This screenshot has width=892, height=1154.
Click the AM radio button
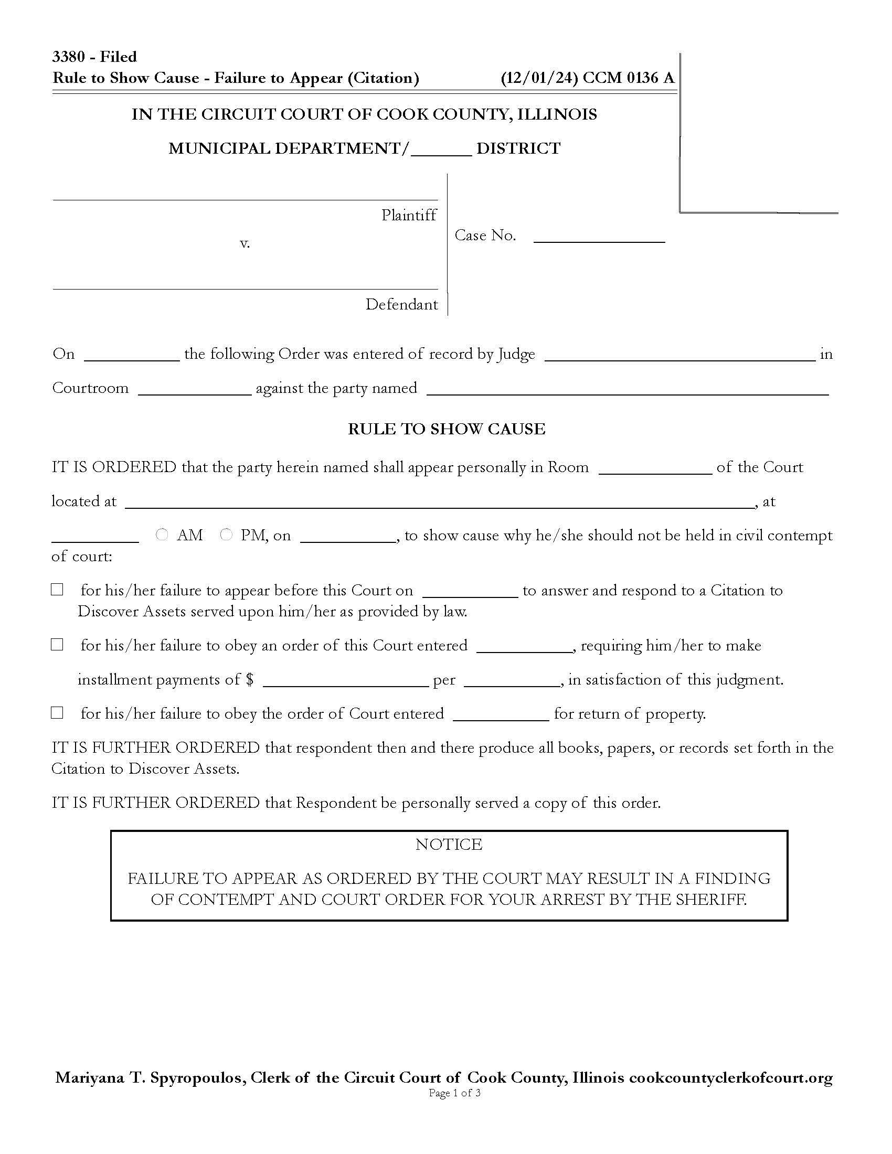[x=162, y=535]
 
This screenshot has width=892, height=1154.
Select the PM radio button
[x=226, y=535]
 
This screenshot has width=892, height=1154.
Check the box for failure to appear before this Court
[x=57, y=590]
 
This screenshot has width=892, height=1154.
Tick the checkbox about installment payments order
[x=57, y=645]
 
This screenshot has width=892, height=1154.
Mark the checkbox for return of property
[x=57, y=713]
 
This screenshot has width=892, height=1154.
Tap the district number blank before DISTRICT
[x=441, y=150]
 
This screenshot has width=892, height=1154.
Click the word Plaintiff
[x=409, y=215]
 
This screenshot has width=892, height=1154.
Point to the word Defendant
[x=401, y=304]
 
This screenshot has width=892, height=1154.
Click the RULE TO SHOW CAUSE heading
[x=446, y=429]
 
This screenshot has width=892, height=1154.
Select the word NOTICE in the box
[x=449, y=844]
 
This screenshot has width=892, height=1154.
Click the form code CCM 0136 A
[x=628, y=78]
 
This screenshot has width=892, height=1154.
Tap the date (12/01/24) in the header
[x=539, y=78]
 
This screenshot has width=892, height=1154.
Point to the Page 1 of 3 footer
[x=454, y=1093]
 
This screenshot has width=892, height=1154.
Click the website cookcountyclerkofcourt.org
[x=730, y=1077]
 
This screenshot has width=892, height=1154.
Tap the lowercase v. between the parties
[x=245, y=243]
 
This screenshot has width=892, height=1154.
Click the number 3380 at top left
[x=68, y=57]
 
